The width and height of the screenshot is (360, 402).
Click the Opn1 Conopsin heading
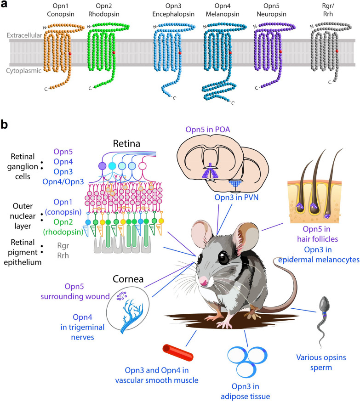[x=61, y=10]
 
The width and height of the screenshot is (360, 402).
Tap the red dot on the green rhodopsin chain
[x=114, y=52]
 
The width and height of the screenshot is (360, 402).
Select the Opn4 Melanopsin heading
[x=223, y=10]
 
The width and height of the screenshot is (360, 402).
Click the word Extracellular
[x=24, y=35]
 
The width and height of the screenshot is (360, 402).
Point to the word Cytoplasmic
[x=23, y=71]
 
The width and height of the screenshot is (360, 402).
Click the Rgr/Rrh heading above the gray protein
[x=328, y=10]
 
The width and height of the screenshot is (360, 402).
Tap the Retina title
[x=126, y=143]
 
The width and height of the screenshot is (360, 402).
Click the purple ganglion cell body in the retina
[x=103, y=166]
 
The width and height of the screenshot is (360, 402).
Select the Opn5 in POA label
[x=207, y=130]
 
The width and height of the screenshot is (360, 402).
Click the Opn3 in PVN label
[x=236, y=198]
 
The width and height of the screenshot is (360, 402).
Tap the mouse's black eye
[x=224, y=257]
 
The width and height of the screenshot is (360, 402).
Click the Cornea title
[x=128, y=279]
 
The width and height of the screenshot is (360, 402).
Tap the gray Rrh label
[x=63, y=255]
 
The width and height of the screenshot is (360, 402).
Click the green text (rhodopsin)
[x=63, y=232]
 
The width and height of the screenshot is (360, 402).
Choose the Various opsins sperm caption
[x=321, y=362]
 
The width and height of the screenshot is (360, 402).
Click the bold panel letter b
[x=4, y=125]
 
